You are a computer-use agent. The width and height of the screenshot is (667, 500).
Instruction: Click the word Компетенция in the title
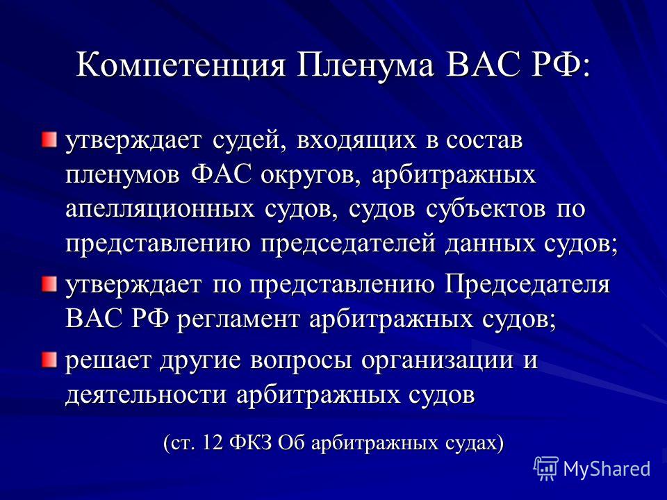click(x=181, y=67)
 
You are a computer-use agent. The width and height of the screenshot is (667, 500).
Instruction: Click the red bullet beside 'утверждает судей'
click(x=49, y=140)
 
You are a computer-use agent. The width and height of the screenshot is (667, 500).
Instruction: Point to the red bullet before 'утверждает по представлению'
click(x=49, y=284)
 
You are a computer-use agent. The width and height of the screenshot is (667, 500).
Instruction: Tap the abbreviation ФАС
click(x=221, y=174)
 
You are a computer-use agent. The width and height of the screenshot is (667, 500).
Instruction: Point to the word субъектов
click(x=486, y=208)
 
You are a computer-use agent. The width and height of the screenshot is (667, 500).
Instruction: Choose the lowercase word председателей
click(x=348, y=244)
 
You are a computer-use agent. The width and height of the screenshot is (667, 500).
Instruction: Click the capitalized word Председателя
click(x=527, y=285)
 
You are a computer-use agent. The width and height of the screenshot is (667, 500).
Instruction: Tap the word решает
click(x=108, y=360)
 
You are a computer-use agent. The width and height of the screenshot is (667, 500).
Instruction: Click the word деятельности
click(x=146, y=394)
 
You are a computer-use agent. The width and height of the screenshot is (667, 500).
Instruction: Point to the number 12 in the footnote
click(x=213, y=442)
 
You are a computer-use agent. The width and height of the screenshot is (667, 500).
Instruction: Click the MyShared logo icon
click(x=546, y=469)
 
